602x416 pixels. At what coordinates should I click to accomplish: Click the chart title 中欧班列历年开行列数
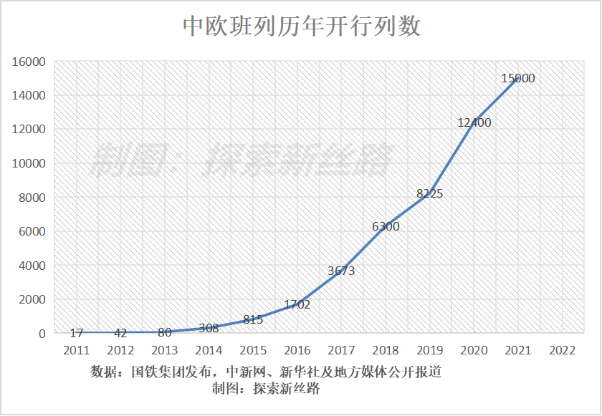301,27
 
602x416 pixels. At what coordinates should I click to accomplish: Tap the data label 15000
517,79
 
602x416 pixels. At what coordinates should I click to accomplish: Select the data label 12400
474,122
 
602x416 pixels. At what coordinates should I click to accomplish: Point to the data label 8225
430,193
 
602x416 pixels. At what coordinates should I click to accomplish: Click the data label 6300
386,226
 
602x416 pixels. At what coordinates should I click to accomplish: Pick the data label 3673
341,271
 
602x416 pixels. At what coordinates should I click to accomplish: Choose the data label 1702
297,304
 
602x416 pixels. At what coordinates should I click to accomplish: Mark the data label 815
253,319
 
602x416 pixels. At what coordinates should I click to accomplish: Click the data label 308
209,328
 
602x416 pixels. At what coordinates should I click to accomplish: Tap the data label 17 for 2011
77,333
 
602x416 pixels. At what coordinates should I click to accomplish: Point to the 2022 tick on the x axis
561,350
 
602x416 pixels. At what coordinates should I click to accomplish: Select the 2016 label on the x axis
297,350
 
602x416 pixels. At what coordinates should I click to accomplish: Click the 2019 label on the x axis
429,350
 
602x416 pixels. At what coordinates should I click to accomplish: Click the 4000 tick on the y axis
32,266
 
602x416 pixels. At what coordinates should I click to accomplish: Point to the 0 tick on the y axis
42,334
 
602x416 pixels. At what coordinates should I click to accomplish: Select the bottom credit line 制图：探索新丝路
265,389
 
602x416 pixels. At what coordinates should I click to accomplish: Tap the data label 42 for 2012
120,333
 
